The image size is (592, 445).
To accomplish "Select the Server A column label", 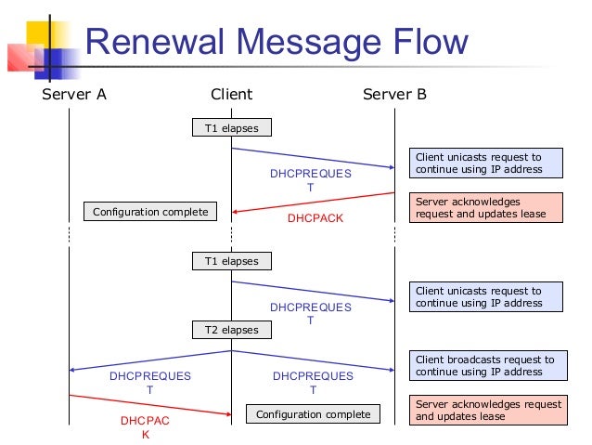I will coord(74,94).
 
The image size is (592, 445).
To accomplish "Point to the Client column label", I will coord(231,94).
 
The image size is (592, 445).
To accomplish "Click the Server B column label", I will coord(394,94).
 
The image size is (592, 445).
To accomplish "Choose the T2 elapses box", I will coord(232,330).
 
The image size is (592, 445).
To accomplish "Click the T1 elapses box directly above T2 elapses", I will coord(232,261).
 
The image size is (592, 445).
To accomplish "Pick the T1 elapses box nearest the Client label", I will coord(232,128).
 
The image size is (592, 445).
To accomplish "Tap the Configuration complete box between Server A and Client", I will coord(150,212).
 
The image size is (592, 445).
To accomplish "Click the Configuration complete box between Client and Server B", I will coord(313,414).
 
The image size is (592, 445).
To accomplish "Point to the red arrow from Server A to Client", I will coord(148,404).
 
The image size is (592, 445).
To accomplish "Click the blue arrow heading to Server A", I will coord(148,360).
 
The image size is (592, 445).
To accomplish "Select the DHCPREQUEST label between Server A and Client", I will coord(149,383).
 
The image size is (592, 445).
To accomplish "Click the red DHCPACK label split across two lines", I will coord(145,427).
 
